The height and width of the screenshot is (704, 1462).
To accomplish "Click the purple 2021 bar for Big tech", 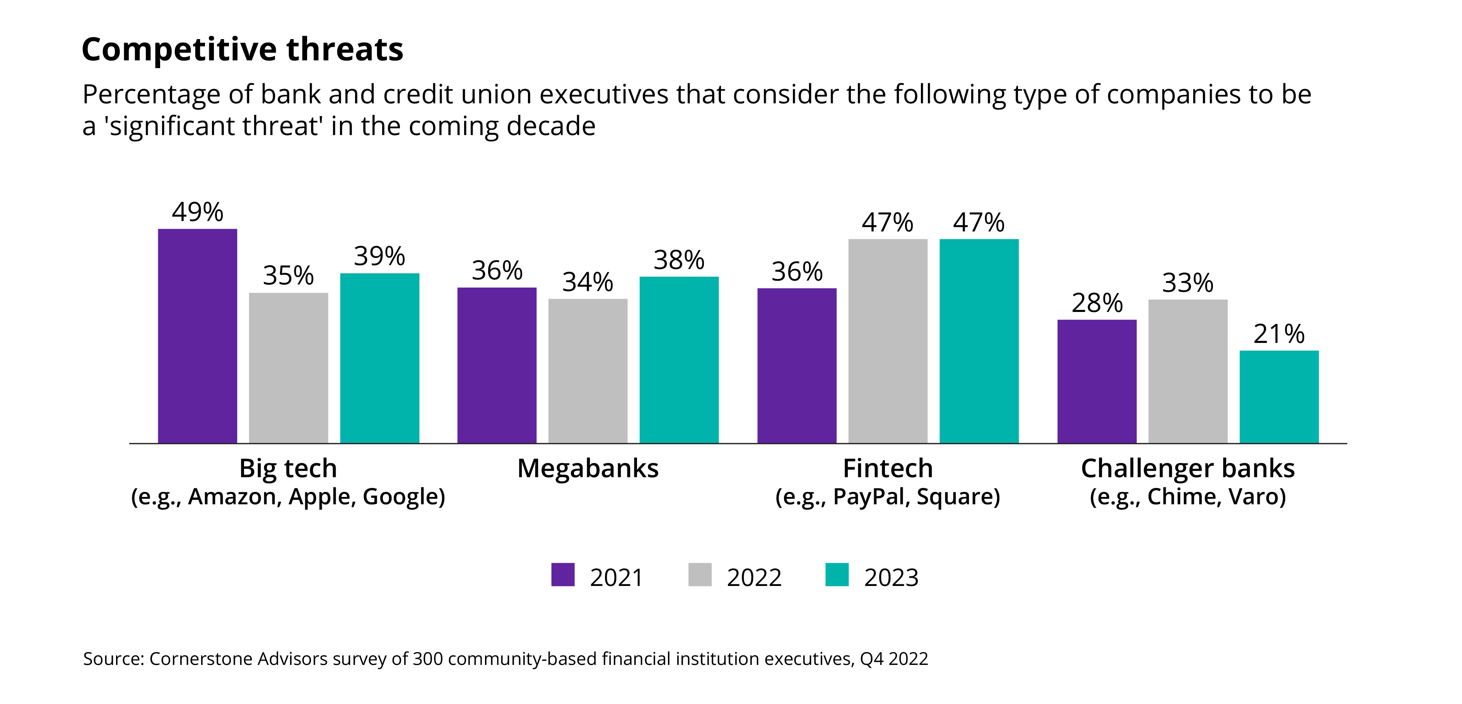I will click(x=198, y=336).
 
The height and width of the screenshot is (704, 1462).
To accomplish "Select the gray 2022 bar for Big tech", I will click(x=288, y=368).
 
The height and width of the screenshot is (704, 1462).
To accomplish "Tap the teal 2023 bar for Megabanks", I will click(x=679, y=360).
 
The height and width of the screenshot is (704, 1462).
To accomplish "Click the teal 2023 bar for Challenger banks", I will click(x=1279, y=396).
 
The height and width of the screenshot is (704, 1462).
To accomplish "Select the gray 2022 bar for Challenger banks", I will click(x=1188, y=371).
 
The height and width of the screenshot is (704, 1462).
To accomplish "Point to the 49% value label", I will click(x=198, y=212).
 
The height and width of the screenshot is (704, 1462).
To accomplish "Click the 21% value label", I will click(x=1279, y=334).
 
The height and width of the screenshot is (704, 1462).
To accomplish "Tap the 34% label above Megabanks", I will click(x=588, y=282).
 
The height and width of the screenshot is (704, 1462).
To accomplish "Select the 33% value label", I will click(x=1187, y=283).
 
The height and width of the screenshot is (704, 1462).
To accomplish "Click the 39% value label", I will click(x=379, y=257).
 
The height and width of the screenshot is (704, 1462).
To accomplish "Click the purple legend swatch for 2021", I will click(x=562, y=575).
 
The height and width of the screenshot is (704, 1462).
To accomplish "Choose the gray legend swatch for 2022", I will click(x=699, y=575).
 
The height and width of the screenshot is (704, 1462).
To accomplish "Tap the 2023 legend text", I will click(x=891, y=578).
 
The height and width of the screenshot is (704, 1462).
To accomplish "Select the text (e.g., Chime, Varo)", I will click(x=1187, y=497).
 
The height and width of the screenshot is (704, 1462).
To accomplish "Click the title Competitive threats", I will click(x=243, y=50).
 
